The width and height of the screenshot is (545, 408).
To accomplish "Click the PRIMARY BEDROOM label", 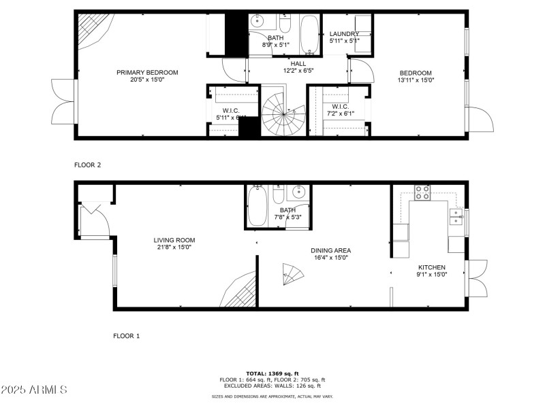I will tap(147, 73).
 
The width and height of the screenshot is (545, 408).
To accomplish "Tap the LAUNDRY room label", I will tap(344, 34).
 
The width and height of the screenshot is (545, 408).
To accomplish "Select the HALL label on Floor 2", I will tap(298, 63).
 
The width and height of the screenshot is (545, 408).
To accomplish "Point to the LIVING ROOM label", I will tap(174, 240).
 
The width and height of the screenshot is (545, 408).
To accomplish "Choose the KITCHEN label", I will tap(432, 267).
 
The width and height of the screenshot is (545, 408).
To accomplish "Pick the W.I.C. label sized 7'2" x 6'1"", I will tap(340, 107).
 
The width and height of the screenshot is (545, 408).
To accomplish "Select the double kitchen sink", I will tap(455, 217).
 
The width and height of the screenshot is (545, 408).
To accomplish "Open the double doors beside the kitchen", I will tap(478, 279).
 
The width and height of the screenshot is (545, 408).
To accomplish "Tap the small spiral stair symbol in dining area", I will tap(292, 275).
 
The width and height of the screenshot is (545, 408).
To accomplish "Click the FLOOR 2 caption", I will tap(89, 165).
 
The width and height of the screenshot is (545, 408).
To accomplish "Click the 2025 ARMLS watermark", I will tap(34, 390).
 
